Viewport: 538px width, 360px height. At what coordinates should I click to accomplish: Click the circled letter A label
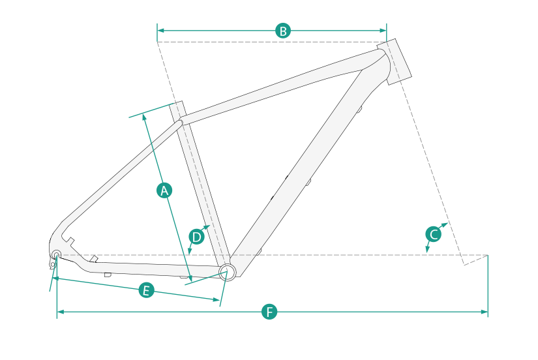pyautogui.click(x=164, y=190)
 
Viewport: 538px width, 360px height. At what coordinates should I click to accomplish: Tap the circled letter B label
pyautogui.click(x=283, y=31)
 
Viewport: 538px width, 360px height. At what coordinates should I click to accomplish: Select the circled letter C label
pyautogui.click(x=434, y=234)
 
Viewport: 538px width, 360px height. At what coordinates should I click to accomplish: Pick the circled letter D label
pyautogui.click(x=196, y=237)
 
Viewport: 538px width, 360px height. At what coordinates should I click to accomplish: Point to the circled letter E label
pyautogui.click(x=147, y=290)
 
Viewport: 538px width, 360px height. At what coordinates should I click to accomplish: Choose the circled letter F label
pyautogui.click(x=269, y=312)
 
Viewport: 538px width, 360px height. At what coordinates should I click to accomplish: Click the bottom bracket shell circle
pyautogui.click(x=228, y=272)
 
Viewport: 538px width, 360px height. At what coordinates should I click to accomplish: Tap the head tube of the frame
pyautogui.click(x=395, y=62)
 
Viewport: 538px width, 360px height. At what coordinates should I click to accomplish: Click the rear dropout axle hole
pyautogui.click(x=56, y=254)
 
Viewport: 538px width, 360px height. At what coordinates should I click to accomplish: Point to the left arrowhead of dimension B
pyautogui.click(x=160, y=31)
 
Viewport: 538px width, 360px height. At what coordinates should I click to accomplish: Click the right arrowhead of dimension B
pyautogui.click(x=383, y=31)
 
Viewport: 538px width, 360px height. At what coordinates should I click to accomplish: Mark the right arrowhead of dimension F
pyautogui.click(x=485, y=312)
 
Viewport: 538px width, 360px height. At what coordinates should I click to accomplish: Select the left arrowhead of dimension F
pyautogui.click(x=61, y=312)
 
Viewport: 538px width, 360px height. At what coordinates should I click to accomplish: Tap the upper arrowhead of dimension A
pyautogui.click(x=144, y=117)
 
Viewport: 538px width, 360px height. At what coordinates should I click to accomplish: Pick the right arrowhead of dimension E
pyautogui.click(x=216, y=299)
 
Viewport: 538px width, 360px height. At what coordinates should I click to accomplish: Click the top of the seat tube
pyautogui.click(x=176, y=104)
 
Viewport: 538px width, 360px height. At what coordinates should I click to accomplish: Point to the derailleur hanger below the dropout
pyautogui.click(x=53, y=264)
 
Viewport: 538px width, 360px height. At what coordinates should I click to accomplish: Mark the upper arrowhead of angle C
pyautogui.click(x=445, y=224)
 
